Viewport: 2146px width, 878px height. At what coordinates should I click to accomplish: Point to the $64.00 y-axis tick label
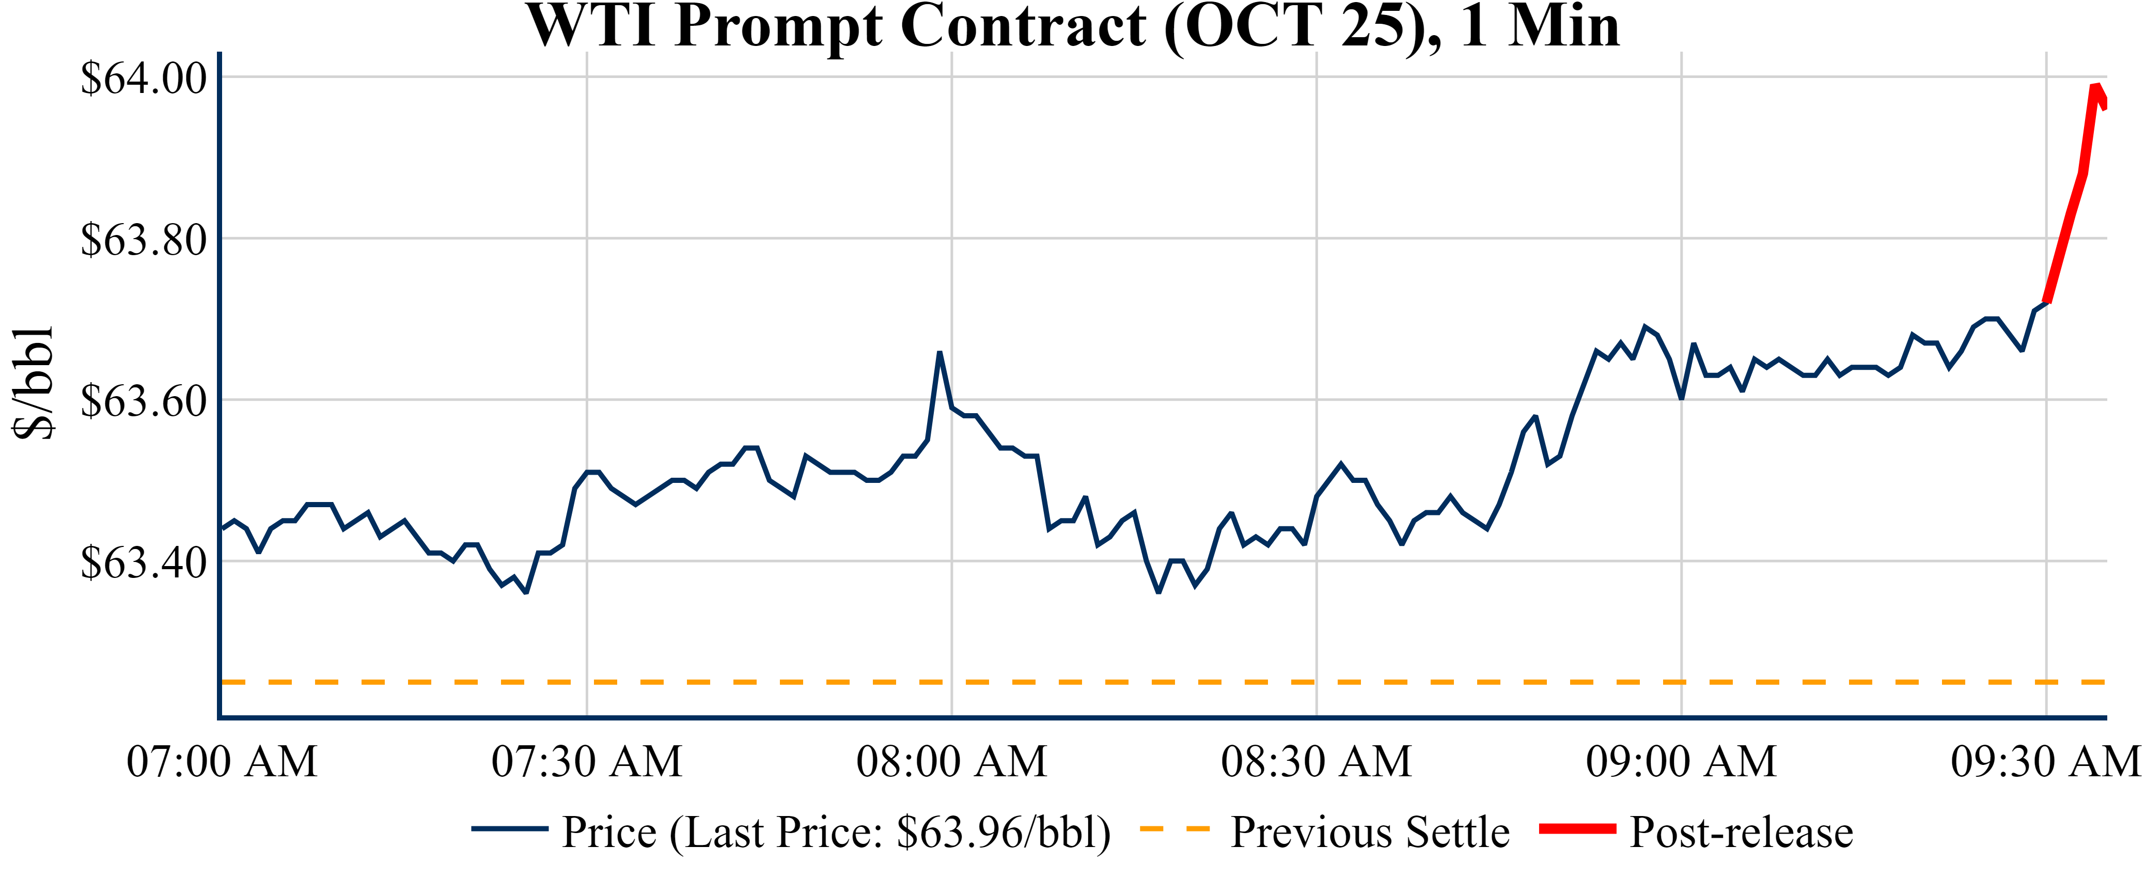143,79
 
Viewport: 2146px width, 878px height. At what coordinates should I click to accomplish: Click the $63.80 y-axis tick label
143,240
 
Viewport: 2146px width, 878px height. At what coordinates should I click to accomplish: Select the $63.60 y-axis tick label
143,401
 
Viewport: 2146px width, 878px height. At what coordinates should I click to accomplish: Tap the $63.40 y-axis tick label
143,562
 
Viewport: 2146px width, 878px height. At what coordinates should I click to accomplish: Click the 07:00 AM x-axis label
222,761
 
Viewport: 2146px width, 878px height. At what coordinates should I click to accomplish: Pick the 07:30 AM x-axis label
587,761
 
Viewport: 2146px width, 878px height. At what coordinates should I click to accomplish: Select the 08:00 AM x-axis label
951,761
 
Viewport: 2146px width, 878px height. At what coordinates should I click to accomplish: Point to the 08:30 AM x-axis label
1316,761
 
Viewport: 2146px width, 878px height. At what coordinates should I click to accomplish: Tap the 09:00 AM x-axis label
1681,761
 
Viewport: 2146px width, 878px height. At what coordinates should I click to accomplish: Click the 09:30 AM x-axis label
2046,761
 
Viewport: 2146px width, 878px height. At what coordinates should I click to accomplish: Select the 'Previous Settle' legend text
1370,832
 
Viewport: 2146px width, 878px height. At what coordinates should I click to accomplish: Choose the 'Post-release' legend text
1741,832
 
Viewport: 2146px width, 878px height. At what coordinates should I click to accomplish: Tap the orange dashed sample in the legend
1174,829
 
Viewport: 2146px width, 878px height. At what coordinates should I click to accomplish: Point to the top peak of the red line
2095,86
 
